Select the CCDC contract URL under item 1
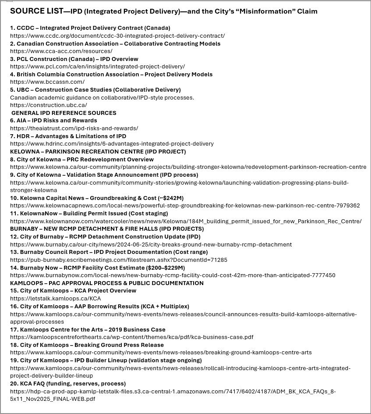click(117, 36)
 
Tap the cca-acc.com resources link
click(61, 51)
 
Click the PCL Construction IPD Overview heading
click(74, 59)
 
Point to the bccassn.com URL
click(47, 82)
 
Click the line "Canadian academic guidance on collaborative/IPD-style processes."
click(102, 97)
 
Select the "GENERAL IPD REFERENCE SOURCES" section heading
click(64, 113)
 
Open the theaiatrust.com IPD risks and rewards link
click(74, 128)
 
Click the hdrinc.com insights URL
click(112, 143)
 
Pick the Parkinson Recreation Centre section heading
click(98, 151)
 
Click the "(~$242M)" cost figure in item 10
click(167, 198)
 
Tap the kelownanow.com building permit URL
click(186, 221)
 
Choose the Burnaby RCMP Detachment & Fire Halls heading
click(107, 228)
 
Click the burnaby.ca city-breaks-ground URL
click(151, 244)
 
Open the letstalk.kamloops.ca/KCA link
click(55, 298)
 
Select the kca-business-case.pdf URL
click(131, 337)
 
